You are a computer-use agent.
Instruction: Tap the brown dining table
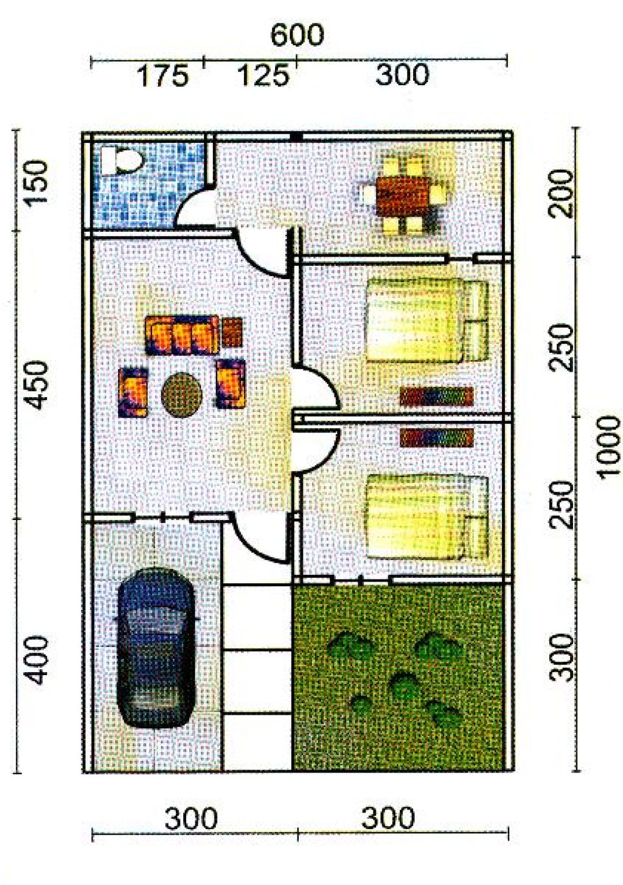point(403,195)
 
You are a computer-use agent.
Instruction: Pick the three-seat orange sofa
point(182,335)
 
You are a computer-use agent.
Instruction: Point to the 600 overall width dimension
point(297,35)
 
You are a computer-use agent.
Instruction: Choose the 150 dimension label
point(37,181)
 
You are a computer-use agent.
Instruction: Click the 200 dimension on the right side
point(561,194)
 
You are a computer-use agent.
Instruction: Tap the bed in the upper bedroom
point(428,320)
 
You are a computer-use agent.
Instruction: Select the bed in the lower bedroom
point(428,517)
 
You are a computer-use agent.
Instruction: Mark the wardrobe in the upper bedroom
point(436,396)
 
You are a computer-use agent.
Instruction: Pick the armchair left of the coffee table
point(133,392)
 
